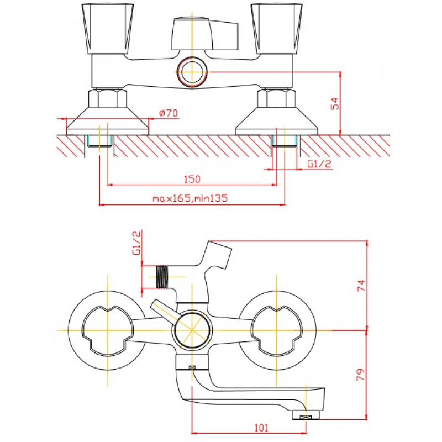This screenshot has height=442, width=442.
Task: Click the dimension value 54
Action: click(335, 103)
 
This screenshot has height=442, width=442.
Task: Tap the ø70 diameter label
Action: click(169, 113)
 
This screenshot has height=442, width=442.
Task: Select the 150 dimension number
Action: click(192, 179)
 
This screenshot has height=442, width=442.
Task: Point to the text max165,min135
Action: click(190, 198)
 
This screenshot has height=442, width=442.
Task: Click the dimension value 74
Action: click(361, 285)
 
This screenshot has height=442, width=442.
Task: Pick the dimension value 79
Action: click(361, 375)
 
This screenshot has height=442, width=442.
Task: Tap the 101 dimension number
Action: click(261, 428)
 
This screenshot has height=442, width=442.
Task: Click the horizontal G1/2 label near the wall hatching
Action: click(319, 164)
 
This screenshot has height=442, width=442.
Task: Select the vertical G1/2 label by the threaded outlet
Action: click(136, 243)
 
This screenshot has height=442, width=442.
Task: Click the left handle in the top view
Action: click(107, 29)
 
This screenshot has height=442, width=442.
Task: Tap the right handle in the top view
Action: click(277, 29)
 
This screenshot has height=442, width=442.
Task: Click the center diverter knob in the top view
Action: click(205, 34)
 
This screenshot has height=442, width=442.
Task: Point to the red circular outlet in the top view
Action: click(192, 72)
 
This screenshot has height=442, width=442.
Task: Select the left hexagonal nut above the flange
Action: click(107, 98)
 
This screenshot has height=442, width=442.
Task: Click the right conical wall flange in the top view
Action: click(277, 121)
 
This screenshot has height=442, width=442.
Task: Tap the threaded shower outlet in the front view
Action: click(161, 277)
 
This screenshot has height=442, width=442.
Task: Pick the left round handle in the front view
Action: click(107, 330)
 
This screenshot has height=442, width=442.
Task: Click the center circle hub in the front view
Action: click(192, 330)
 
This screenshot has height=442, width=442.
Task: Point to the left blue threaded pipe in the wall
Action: click(99, 141)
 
